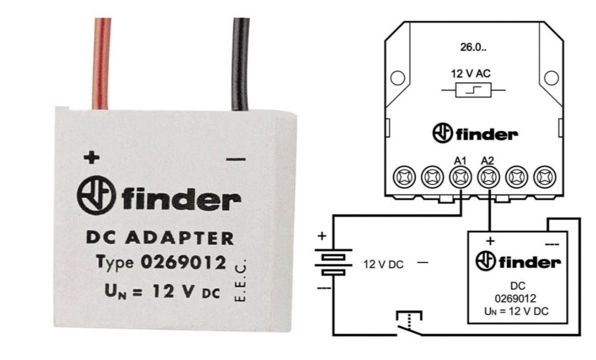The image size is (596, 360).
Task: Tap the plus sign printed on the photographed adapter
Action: pyautogui.click(x=90, y=157)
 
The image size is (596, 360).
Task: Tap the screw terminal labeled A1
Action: pyautogui.click(x=460, y=175)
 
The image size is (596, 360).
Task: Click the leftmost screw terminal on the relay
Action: pyautogui.click(x=403, y=175)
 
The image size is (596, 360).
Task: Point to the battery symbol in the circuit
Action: pyautogui.click(x=333, y=262)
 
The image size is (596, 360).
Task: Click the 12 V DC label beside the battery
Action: pyautogui.click(x=383, y=264)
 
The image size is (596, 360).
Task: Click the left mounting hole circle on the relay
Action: pyautogui.click(x=397, y=77)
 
